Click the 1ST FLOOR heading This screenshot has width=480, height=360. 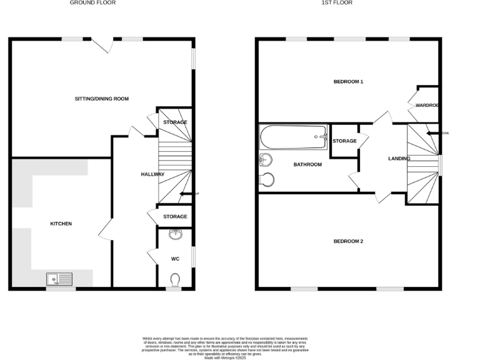[337, 3]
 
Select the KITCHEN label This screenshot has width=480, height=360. [61, 224]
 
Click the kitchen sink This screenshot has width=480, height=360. [59, 278]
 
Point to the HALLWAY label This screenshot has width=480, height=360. [152, 174]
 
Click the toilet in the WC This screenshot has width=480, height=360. [175, 278]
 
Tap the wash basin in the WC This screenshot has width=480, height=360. [175, 235]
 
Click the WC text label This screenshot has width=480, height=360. [175, 257]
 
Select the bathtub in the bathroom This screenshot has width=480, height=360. [294, 137]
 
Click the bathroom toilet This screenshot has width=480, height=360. [267, 179]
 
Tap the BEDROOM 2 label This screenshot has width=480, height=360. [348, 241]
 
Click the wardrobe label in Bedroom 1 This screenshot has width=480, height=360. [426, 106]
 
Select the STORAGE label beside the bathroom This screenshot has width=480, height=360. [344, 141]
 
